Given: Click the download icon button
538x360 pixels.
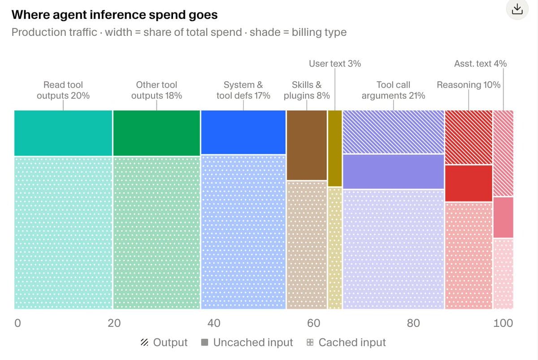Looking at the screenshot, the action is pos(517,9).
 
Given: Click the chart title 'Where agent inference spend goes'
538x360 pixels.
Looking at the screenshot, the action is pos(115,15).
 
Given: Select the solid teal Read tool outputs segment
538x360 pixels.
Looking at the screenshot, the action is pos(63,133).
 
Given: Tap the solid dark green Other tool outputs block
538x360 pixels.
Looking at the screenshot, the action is pos(156,133).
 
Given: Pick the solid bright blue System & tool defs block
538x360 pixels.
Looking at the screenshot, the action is pos(243,132).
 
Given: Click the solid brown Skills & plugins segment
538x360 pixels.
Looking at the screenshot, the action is pos(307,145).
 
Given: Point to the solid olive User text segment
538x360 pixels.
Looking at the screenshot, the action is pos(335,148).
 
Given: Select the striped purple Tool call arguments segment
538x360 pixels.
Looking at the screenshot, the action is pos(394,132).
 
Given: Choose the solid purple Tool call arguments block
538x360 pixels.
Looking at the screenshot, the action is pos(394,171).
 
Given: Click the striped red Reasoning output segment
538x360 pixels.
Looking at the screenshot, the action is pos(469,137).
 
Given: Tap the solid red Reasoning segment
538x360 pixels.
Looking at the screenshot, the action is pos(469,183).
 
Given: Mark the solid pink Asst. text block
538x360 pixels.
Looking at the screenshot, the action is pos(503,217).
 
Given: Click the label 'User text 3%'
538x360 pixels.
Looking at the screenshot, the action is pos(335,64).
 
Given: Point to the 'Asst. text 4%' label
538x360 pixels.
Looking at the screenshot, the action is pos(480,64).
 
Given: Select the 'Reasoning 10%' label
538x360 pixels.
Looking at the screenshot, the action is pos(469,85).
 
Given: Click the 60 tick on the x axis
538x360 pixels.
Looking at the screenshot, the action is pos(313,323).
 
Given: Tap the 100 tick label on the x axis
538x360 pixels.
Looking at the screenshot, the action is pos(503,323).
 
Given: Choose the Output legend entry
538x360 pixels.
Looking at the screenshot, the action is pos(164,342).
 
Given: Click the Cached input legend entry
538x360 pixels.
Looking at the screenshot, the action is pos(346,342).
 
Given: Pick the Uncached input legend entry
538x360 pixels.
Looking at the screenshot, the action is pos(247,342).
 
